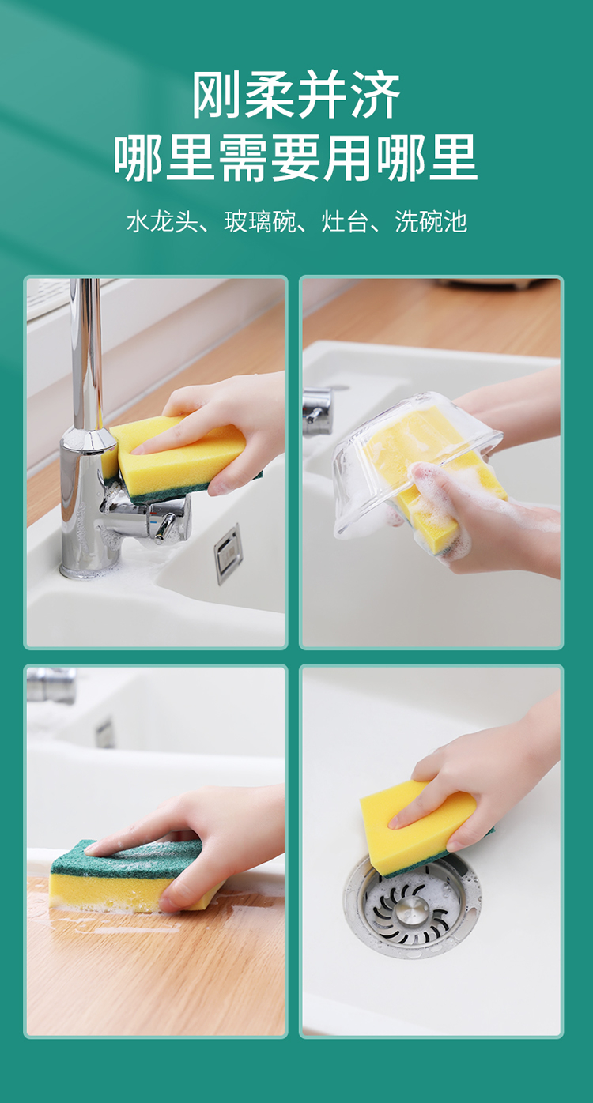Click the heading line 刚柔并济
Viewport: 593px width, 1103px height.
point(296,94)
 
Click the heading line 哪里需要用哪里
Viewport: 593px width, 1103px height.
point(296,157)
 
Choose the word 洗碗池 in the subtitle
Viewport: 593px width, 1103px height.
point(431,221)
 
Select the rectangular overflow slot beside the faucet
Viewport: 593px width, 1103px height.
point(229,554)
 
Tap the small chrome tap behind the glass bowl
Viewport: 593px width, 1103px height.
point(316,412)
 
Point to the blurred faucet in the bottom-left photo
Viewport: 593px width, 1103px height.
point(51,684)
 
